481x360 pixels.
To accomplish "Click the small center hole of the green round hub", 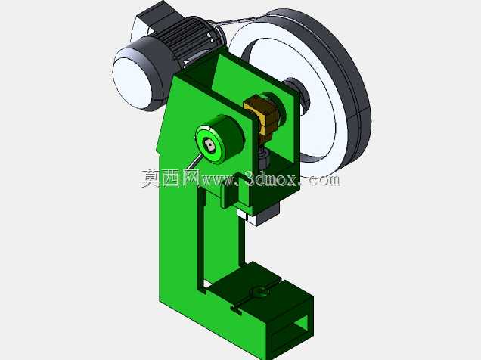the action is pyautogui.click(x=209, y=144).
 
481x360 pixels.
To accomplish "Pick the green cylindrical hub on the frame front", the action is pyautogui.click(x=219, y=139).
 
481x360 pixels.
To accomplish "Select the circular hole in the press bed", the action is pyautogui.click(x=260, y=292).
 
